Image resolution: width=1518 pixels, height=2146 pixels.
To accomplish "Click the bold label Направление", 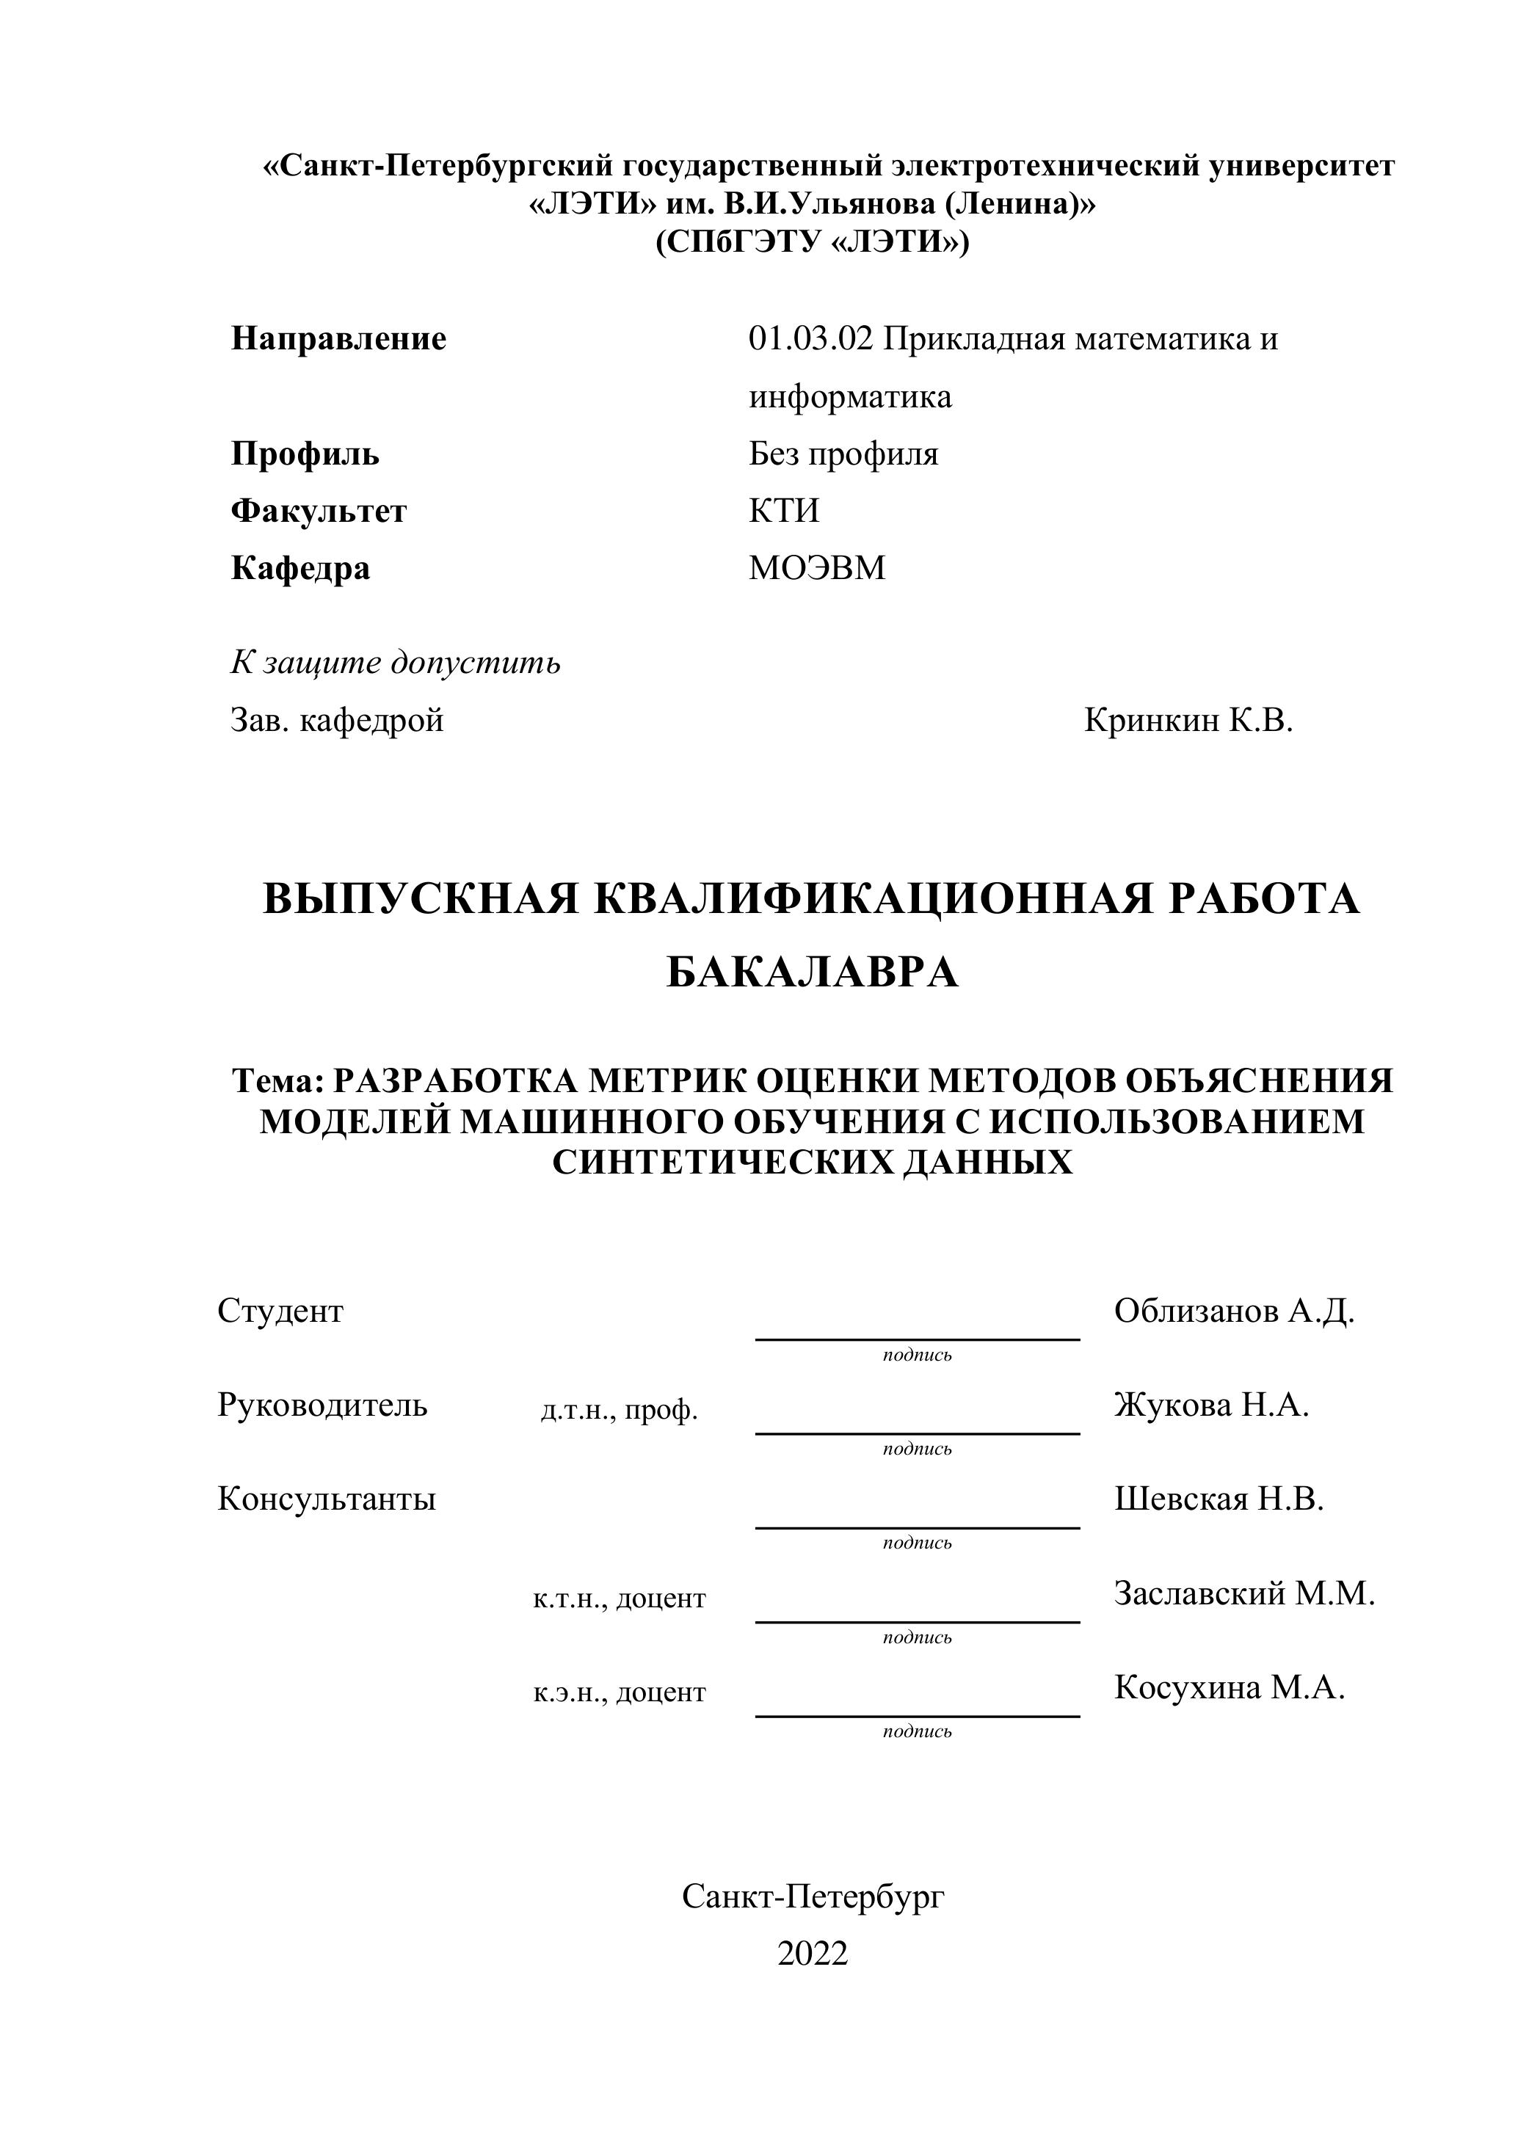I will pyautogui.click(x=338, y=338).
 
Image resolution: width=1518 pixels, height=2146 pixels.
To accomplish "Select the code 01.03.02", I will pyautogui.click(x=810, y=338).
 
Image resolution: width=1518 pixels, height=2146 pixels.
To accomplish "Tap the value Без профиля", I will pyautogui.click(x=843, y=454).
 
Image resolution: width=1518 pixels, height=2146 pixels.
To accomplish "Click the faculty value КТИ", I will pyautogui.click(x=783, y=512).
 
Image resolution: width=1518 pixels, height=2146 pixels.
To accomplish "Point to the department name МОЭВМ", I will pyautogui.click(x=816, y=568).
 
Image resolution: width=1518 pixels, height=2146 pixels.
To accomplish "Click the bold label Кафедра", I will pyautogui.click(x=300, y=568).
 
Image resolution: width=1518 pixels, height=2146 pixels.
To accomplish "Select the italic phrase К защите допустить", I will pyautogui.click(x=396, y=663).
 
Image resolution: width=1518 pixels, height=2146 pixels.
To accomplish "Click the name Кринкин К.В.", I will pyautogui.click(x=1188, y=721).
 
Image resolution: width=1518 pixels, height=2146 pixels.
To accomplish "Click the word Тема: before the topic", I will pyautogui.click(x=277, y=1081).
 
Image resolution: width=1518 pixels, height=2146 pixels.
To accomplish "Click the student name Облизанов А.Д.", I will pyautogui.click(x=1234, y=1312).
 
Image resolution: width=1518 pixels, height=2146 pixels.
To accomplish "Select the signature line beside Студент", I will pyautogui.click(x=917, y=1339).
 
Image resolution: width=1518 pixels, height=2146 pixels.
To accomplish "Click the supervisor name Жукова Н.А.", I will pyautogui.click(x=1211, y=1405).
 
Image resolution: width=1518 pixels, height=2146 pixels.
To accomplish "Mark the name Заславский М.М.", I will pyautogui.click(x=1244, y=1593).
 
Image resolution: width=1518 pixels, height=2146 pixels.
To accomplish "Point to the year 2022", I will pyautogui.click(x=813, y=1954).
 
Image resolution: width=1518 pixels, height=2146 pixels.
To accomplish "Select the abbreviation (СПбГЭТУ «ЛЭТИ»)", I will pyautogui.click(x=813, y=243).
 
